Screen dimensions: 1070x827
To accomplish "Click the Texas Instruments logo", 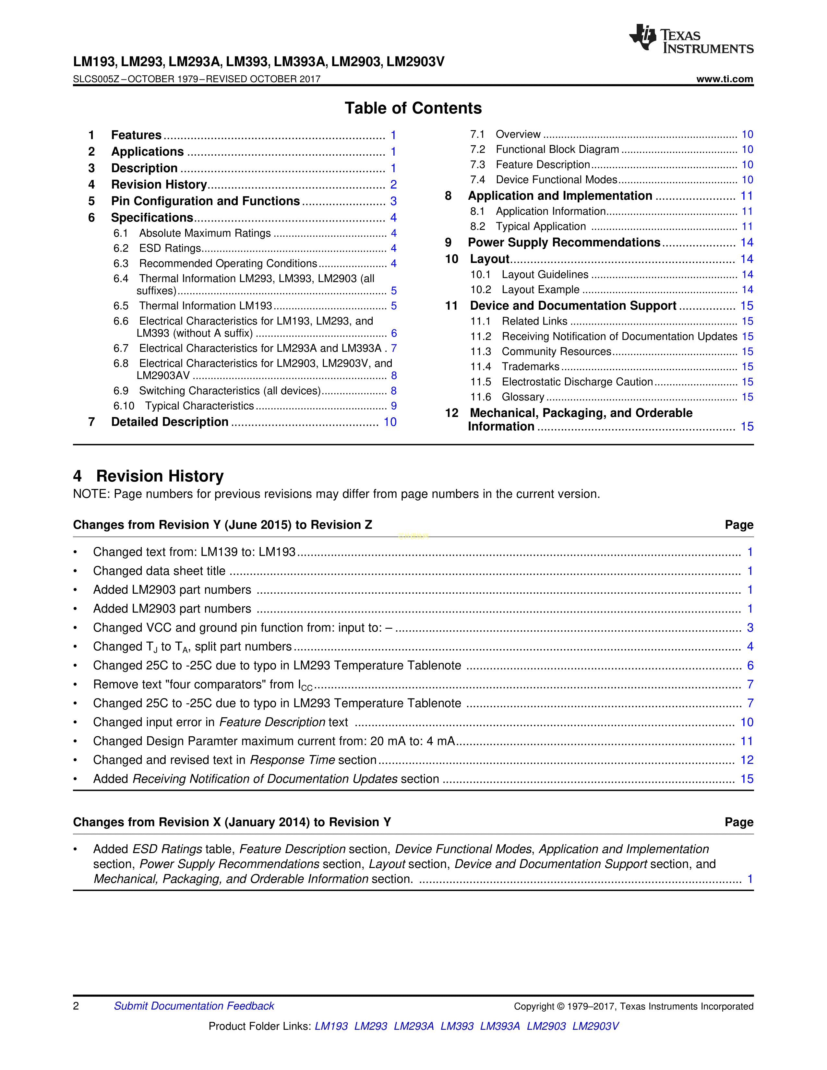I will pyautogui.click(x=691, y=39).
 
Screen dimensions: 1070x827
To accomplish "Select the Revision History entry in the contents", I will pyautogui.click(x=159, y=185).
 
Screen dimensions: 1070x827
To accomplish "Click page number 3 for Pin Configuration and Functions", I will pyautogui.click(x=393, y=201).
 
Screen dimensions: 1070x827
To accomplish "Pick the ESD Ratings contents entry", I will pyautogui.click(x=170, y=248).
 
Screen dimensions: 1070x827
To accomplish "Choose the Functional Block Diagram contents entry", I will pyautogui.click(x=557, y=149).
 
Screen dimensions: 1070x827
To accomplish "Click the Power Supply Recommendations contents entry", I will pyautogui.click(x=564, y=243).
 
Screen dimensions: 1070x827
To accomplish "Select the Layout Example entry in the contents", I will pyautogui.click(x=540, y=290).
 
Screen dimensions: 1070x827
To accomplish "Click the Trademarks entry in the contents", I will pyautogui.click(x=530, y=367).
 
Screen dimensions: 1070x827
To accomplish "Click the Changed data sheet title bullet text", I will pyautogui.click(x=159, y=571).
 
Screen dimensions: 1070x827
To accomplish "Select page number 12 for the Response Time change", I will pyautogui.click(x=747, y=760).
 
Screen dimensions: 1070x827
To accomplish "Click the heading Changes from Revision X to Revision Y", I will pyautogui.click(x=232, y=822).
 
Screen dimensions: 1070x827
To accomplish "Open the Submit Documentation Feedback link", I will pyautogui.click(x=194, y=1006).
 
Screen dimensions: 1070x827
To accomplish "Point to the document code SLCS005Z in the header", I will pyautogui.click(x=96, y=79).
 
